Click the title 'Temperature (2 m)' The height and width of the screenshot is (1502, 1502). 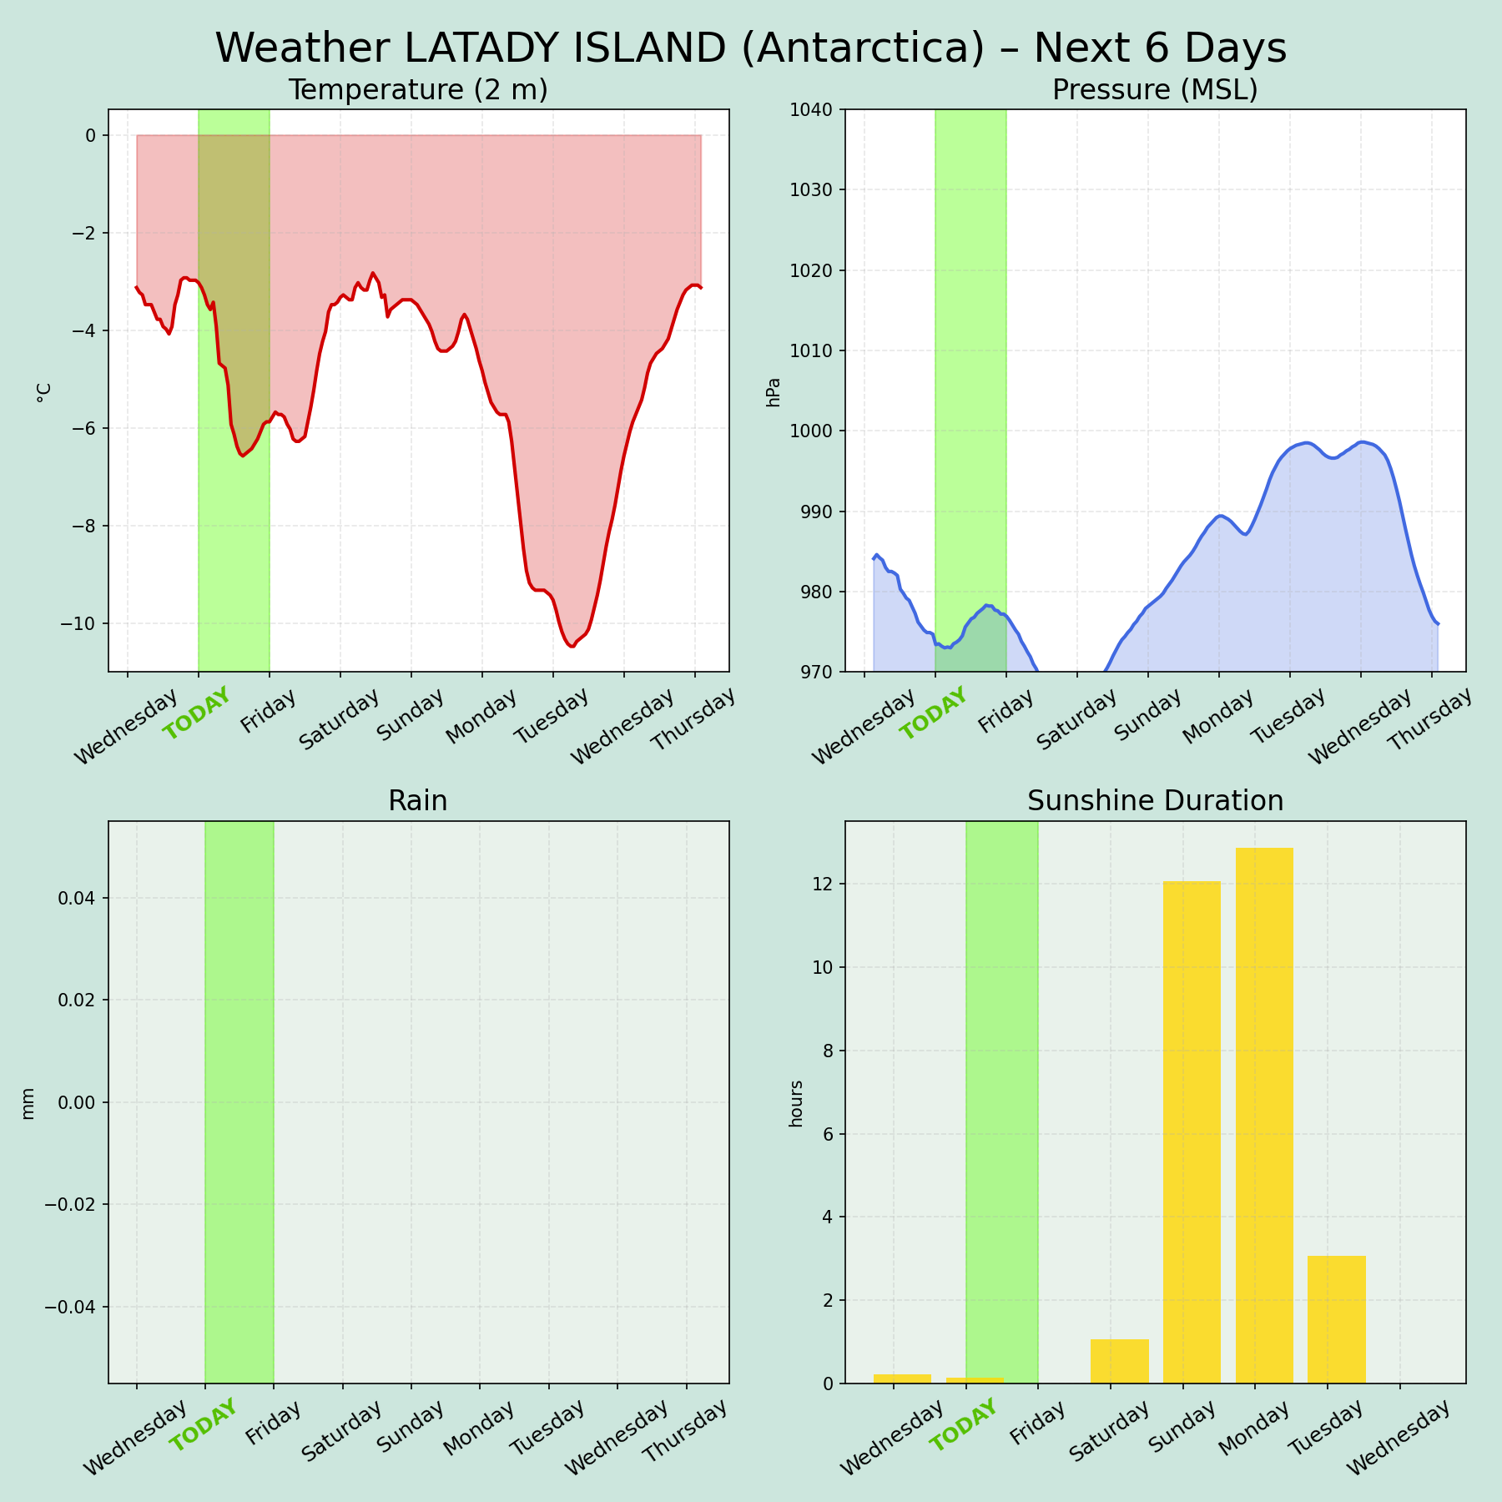tap(418, 90)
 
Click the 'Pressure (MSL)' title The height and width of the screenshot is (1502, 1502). tap(1155, 90)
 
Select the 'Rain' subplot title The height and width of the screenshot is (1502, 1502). tap(418, 802)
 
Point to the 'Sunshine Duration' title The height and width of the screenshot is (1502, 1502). tap(1155, 802)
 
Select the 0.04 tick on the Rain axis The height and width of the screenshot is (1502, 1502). tap(77, 898)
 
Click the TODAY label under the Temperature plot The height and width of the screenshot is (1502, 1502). tap(196, 714)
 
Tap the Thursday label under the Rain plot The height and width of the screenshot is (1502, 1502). tap(685, 1432)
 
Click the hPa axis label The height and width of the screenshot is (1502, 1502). tap(774, 391)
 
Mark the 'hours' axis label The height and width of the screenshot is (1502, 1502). tap(796, 1103)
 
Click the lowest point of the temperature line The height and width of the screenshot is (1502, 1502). tap(572, 647)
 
